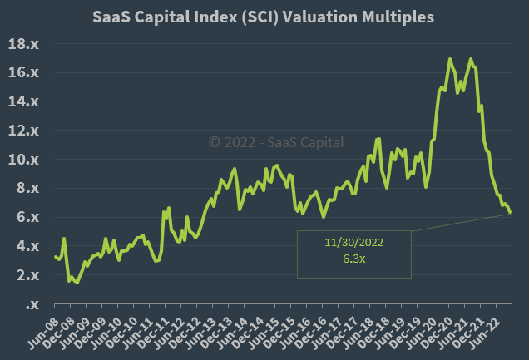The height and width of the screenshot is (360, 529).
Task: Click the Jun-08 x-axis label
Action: coord(42,333)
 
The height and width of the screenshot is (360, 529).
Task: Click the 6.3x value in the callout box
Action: coord(353,259)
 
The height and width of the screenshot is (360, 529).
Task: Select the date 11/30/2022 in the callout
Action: coord(353,242)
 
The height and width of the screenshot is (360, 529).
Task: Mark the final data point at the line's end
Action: coord(509,213)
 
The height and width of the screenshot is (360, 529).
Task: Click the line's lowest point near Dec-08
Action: coord(77,283)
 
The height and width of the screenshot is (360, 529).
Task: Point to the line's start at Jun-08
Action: coord(55,257)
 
